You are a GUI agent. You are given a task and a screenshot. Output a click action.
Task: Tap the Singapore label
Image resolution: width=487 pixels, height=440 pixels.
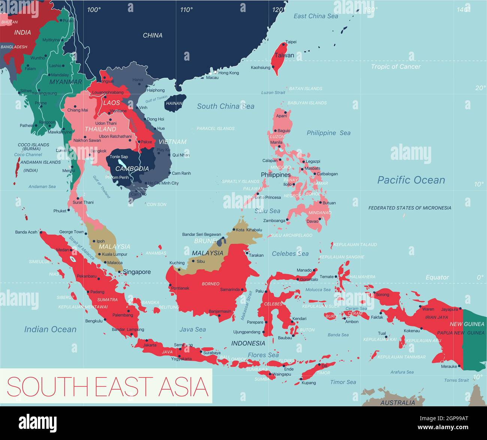coord(137,272)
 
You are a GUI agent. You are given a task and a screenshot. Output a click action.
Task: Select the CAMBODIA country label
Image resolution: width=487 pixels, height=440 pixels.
coord(132,169)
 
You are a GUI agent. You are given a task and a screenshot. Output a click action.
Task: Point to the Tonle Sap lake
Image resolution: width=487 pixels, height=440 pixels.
coord(121,163)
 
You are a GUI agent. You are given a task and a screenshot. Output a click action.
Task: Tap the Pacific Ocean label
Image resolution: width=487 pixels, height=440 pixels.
coord(411,180)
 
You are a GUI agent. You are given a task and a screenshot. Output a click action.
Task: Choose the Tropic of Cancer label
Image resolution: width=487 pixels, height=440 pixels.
coord(396,67)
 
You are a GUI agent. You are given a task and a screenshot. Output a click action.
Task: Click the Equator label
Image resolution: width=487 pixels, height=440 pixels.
coord(437,277)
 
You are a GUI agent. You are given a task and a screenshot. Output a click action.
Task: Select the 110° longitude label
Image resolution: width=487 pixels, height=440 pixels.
coord(186,10)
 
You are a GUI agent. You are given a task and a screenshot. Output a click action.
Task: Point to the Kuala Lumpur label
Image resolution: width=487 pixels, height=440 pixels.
coord(115,254)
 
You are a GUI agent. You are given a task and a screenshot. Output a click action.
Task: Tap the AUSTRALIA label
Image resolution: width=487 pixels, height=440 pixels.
coord(397,403)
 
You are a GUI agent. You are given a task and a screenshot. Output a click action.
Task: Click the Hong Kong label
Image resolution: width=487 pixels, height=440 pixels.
coord(229,73)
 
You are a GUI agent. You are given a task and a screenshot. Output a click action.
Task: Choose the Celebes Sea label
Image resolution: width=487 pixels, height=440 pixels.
coord(290,254)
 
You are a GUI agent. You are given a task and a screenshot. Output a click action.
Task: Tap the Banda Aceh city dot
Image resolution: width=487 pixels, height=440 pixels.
coord(41,232)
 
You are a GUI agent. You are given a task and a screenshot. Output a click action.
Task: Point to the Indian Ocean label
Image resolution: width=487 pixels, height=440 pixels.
coord(50,329)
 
